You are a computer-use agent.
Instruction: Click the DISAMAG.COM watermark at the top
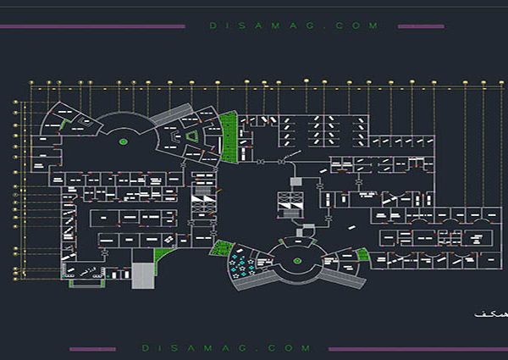click(x=294, y=26)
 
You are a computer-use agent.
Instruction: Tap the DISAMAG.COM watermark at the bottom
click(x=226, y=348)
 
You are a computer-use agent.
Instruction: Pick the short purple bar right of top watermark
click(x=421, y=26)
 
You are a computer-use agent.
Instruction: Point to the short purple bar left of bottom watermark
click(x=92, y=348)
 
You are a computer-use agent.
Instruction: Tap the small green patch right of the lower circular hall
click(x=363, y=253)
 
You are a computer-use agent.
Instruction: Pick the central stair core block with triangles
click(x=290, y=204)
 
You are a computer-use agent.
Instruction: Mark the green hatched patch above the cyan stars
click(x=222, y=247)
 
